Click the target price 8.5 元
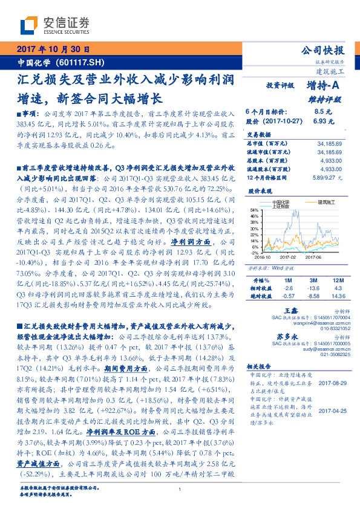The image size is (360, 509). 321,112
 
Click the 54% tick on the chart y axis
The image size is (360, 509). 254,209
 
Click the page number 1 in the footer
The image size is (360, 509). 180,490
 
